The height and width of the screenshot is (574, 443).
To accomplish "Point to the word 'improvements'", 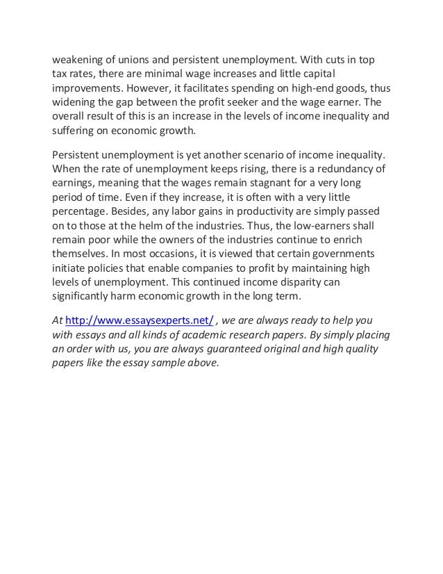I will click(x=87, y=90).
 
